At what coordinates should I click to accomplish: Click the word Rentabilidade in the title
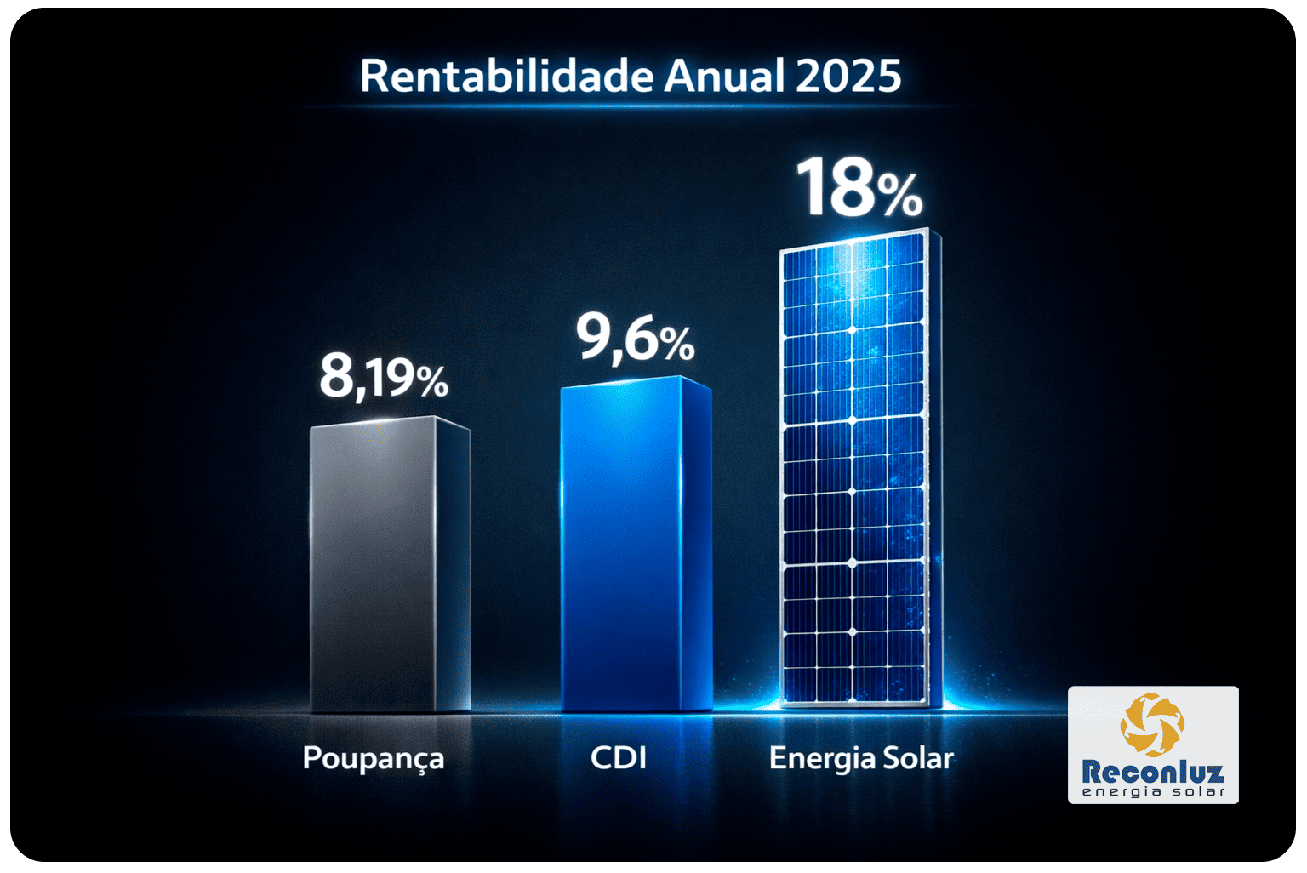[x=508, y=77]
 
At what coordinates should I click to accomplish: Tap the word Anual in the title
[x=724, y=77]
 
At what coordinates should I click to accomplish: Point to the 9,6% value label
[x=635, y=339]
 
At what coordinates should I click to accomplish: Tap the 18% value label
[x=859, y=189]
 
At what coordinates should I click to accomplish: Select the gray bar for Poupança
[x=388, y=565]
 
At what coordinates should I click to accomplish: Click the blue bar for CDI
[x=635, y=545]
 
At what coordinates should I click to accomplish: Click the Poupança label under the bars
[x=374, y=758]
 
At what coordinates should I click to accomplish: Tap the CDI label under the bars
[x=619, y=758]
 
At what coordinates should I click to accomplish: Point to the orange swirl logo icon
[x=1152, y=724]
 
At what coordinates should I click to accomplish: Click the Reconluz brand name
[x=1152, y=772]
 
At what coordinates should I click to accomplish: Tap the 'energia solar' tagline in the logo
[x=1152, y=793]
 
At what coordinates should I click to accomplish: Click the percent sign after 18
[x=900, y=197]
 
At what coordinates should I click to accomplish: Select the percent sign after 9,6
[x=676, y=344]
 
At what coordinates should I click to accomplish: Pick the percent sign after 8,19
[x=431, y=382]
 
